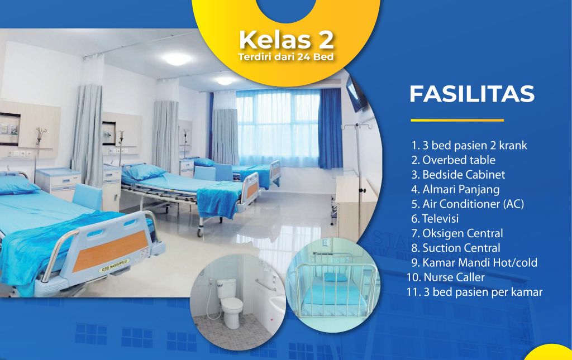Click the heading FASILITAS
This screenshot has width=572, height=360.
pos(471,94)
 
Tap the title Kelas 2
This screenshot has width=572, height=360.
pos(287,40)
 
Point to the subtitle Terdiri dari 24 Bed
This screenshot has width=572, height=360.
pos(285,57)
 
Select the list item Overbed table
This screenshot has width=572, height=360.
pos(453,160)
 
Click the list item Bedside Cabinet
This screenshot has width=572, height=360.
pos(458,175)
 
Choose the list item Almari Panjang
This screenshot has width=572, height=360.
pos(455,189)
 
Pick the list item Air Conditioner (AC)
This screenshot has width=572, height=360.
pos(468,204)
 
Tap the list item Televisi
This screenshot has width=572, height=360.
pos(435,219)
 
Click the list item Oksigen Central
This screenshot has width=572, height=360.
pos(457,233)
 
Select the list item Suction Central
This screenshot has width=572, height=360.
pos(456,248)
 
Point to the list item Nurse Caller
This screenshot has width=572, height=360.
pos(445,277)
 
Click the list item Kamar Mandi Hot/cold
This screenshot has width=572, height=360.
pos(474,263)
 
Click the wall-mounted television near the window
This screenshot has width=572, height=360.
pos(356,94)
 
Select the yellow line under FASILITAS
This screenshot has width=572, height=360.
pos(457,120)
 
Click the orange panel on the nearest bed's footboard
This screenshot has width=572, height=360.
pos(110,251)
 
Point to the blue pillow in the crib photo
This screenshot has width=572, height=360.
pos(335,277)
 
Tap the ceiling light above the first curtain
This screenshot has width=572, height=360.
pos(177,59)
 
